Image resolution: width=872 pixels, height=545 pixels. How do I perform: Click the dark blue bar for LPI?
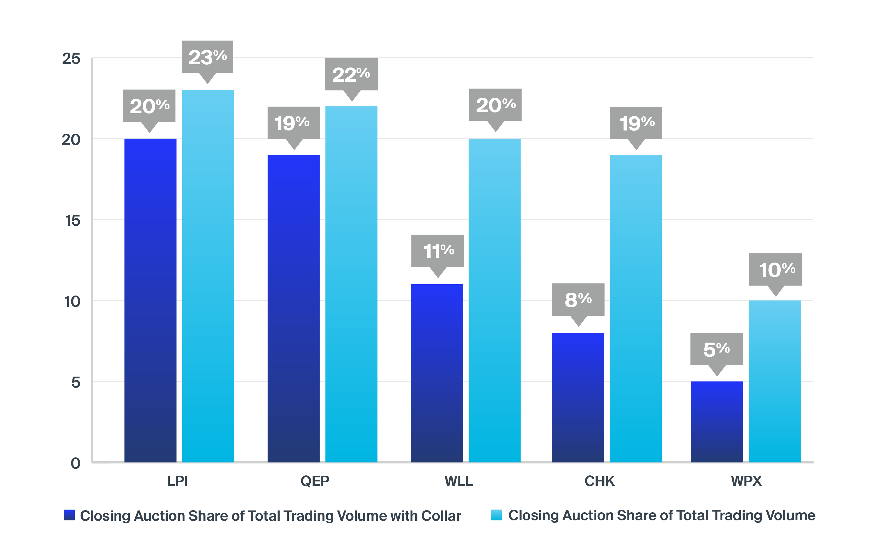(x=150, y=300)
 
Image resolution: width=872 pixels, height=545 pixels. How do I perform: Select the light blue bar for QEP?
(x=352, y=284)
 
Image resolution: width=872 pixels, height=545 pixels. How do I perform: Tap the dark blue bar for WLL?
(x=437, y=373)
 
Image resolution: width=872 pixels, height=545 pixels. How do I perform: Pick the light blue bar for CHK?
(x=636, y=309)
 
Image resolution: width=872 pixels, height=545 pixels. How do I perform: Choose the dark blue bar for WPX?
(x=717, y=422)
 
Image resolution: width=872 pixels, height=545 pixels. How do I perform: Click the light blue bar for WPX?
(x=775, y=381)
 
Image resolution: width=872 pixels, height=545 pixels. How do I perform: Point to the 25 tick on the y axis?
(x=71, y=58)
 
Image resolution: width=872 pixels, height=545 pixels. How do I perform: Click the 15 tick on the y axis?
(x=72, y=220)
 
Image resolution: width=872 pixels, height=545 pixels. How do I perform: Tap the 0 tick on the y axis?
(x=75, y=463)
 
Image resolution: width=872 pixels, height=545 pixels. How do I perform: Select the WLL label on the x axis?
(x=458, y=481)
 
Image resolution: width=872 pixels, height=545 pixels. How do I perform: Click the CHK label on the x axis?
(x=599, y=481)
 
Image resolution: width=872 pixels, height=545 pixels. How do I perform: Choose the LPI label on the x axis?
(x=177, y=481)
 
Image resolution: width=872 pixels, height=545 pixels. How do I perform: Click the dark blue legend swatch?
(x=69, y=515)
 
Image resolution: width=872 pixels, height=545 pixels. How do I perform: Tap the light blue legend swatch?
(x=496, y=515)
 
